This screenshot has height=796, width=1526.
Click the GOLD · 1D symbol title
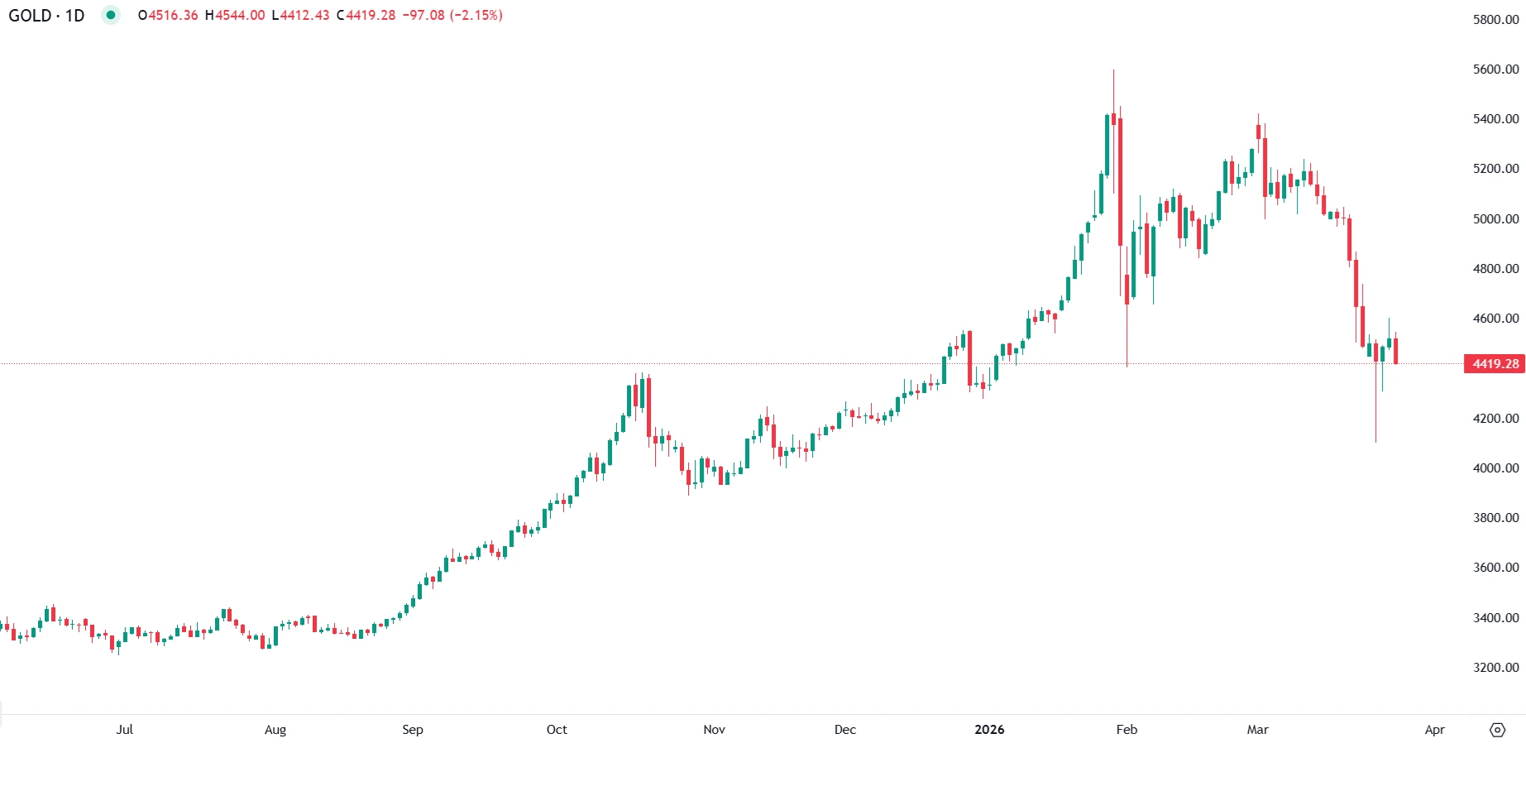(x=46, y=16)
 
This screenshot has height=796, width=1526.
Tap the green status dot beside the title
(x=110, y=15)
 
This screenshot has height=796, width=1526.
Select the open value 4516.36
(x=173, y=16)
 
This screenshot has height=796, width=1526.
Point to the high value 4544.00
(x=240, y=16)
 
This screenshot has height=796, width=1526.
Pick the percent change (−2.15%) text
(x=476, y=16)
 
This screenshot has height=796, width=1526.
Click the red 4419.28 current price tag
(x=1495, y=364)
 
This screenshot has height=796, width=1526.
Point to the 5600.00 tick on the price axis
(x=1495, y=70)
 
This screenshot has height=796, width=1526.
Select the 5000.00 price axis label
(x=1495, y=219)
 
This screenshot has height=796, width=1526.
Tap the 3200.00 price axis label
(x=1495, y=668)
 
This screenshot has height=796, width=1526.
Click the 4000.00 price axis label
(x=1495, y=468)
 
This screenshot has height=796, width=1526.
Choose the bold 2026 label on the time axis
(x=989, y=730)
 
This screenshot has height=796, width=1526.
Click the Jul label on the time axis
(x=125, y=730)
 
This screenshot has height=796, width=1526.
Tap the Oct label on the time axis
(x=557, y=730)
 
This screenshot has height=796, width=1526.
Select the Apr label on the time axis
(x=1434, y=730)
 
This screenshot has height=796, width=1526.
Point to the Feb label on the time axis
(x=1127, y=730)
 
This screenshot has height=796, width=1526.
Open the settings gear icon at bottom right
(x=1497, y=730)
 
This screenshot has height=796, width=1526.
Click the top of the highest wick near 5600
(x=1113, y=71)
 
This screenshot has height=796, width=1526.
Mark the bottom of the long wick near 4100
(x=1375, y=441)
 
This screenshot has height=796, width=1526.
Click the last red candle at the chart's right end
(x=1395, y=351)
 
